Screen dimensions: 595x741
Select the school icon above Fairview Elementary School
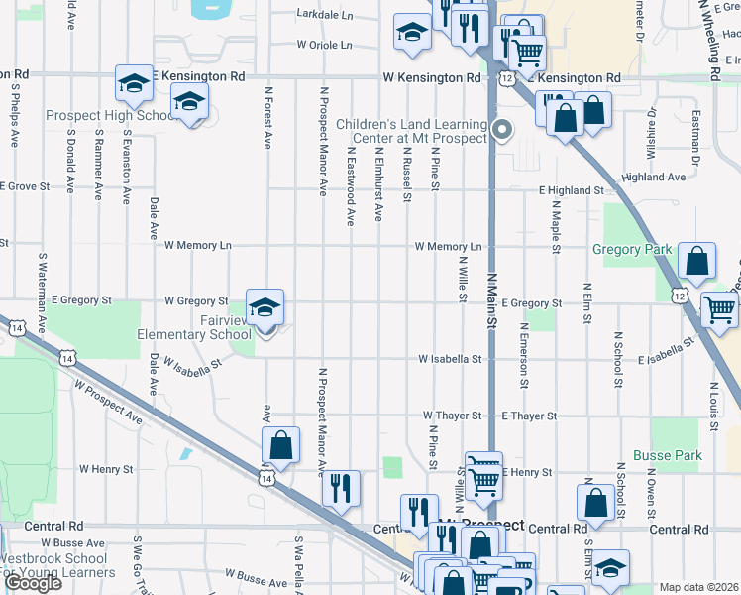265,308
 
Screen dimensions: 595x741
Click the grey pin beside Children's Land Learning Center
502,130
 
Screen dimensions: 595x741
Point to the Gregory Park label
632,250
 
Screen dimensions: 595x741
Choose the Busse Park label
677,456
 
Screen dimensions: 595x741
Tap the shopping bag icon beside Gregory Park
697,263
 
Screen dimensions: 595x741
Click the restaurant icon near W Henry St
340,489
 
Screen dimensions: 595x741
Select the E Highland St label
572,189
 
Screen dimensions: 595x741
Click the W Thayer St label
452,416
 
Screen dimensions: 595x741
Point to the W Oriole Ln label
324,45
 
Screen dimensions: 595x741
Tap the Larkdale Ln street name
325,15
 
